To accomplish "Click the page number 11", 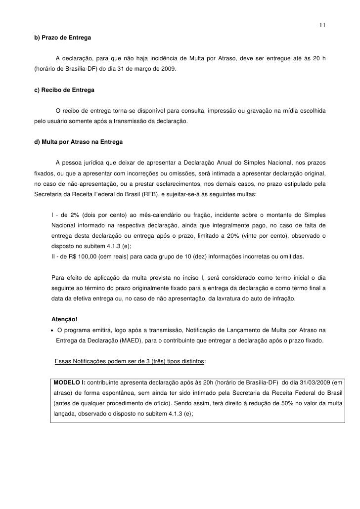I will [322, 26].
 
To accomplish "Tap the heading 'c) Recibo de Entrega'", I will [63, 91].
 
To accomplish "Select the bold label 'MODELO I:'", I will [69, 382].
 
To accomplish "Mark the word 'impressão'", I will [225, 109].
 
